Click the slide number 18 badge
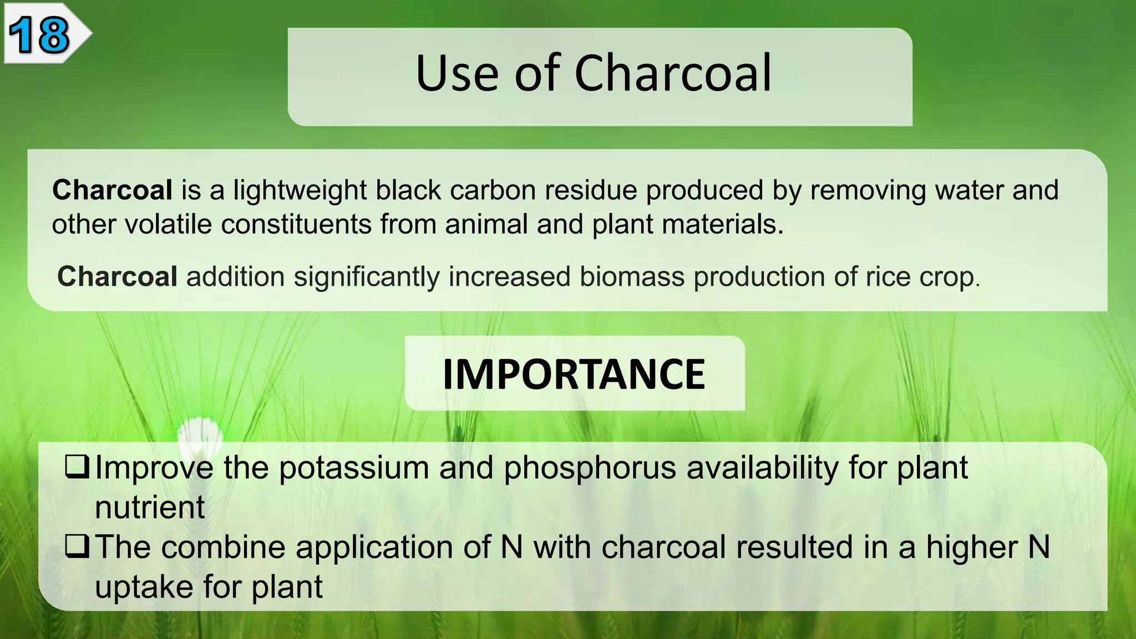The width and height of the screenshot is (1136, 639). tap(40, 34)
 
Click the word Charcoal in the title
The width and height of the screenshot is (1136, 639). tap(672, 73)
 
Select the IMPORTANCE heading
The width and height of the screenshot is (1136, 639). tap(574, 374)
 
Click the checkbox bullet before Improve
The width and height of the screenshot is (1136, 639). tap(77, 467)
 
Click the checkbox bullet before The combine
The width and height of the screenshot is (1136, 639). tap(77, 546)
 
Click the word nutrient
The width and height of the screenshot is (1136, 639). tap(150, 507)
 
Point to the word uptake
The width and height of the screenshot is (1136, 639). tap(144, 587)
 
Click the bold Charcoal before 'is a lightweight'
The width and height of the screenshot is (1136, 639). tap(112, 190)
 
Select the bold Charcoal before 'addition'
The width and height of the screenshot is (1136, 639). tap(117, 277)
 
